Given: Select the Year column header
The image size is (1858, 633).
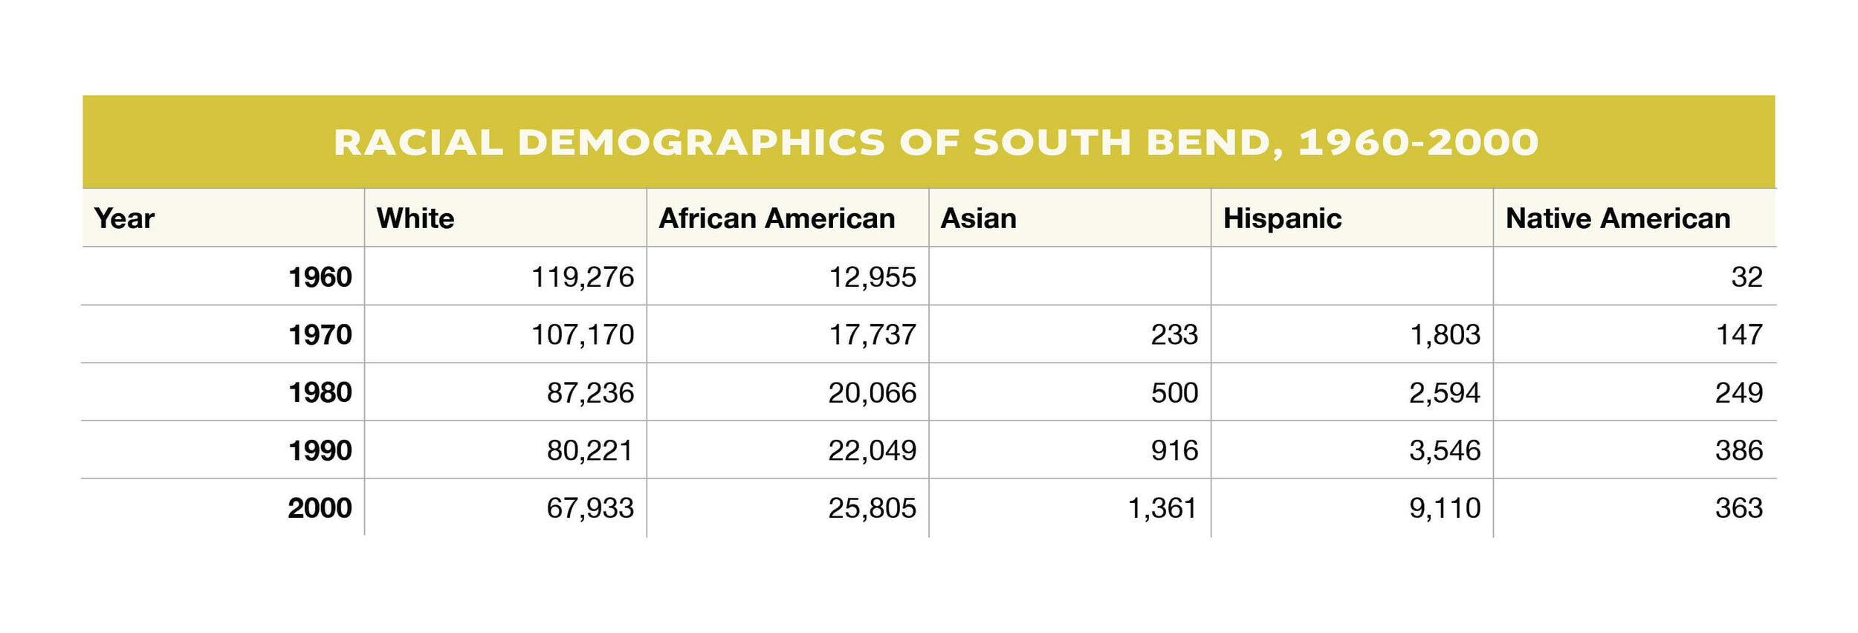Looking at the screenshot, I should pos(124,218).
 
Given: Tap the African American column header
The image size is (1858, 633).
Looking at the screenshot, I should pos(777,218).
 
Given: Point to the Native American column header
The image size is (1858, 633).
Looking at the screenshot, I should pos(1618,218).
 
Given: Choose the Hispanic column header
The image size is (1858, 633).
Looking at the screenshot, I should pos(1282,218).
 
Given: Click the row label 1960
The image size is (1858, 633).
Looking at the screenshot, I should pos(320,277).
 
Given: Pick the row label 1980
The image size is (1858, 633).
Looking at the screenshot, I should pos(320,392).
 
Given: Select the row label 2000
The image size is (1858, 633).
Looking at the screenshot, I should pos(320,508).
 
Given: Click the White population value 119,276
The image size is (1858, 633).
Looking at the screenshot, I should pos(582,277).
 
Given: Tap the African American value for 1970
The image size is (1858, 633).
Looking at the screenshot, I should pos(872,335).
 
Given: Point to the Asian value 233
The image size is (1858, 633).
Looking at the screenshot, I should pos(1174,335).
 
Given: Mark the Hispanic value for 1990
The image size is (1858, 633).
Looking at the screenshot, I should pos(1444,450).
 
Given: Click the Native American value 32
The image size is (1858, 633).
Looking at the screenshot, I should pos(1747,277).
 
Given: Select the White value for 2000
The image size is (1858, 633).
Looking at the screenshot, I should pos(590,508).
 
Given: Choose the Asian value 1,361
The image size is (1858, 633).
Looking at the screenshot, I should pos(1162,508).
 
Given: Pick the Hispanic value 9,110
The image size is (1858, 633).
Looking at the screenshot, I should pos(1444,508).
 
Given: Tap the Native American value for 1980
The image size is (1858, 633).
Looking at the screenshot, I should pos(1738,392).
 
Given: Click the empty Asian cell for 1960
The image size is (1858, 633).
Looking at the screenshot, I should pos(1069,276).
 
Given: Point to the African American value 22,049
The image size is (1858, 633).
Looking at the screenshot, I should pos(872,450).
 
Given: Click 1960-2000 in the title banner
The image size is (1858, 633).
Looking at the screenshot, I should pos(1418,143).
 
